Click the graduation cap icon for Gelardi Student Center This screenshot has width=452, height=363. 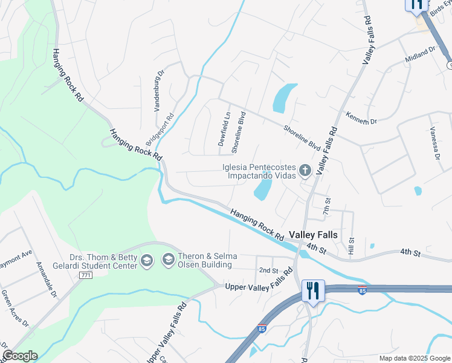[146, 261]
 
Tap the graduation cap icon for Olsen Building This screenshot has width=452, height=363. [167, 261]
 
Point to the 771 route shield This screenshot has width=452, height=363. [85, 275]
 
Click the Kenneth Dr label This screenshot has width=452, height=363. [361, 117]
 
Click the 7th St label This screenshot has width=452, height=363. [327, 206]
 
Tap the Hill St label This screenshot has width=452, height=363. [351, 245]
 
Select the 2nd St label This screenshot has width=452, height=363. [268, 270]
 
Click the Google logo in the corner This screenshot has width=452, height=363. [20, 356]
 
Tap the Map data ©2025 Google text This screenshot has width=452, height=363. [414, 358]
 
